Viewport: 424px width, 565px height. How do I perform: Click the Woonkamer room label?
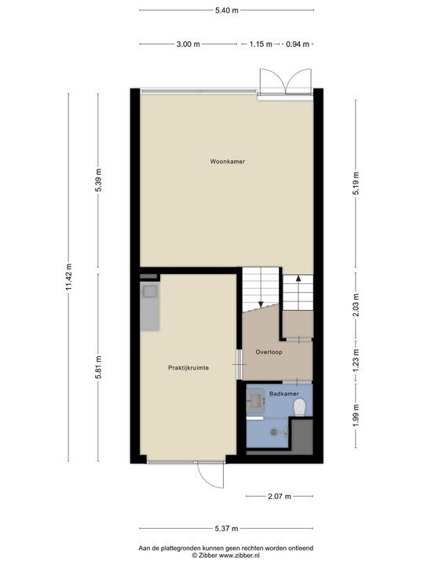tap(227, 162)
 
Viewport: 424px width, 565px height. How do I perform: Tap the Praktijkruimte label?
tap(188, 367)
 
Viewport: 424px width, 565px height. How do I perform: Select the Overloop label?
tap(269, 352)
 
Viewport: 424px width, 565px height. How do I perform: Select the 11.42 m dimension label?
tap(68, 277)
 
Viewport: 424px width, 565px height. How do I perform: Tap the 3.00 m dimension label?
tap(188, 45)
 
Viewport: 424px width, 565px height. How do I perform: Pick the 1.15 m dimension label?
tap(261, 45)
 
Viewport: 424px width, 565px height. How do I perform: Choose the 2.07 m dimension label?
tap(280, 496)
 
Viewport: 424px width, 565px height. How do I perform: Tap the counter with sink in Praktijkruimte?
tap(150, 306)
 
